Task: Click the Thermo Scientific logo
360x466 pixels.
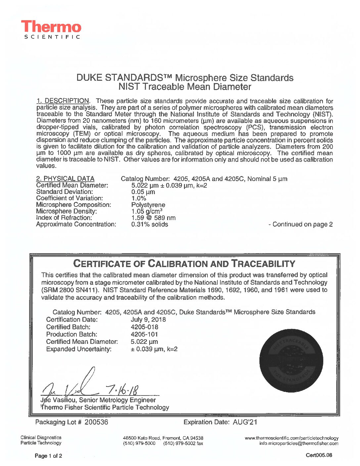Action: click(51, 29)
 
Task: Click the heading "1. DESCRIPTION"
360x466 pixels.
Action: click(63, 101)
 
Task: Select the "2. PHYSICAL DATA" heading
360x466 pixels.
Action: click(65, 179)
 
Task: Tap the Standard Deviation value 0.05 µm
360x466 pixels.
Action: click(143, 192)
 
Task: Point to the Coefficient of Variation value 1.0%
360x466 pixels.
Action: click(139, 198)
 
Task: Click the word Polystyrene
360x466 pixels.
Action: click(148, 205)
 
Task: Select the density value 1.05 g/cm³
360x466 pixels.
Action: click(147, 211)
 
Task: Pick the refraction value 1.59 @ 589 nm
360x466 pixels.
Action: click(154, 218)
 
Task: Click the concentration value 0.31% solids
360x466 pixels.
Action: click(150, 224)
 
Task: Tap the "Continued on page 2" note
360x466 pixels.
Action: click(300, 224)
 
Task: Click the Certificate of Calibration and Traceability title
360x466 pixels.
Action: click(184, 264)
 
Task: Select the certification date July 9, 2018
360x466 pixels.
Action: click(148, 320)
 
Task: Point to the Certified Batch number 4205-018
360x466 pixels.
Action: click(145, 327)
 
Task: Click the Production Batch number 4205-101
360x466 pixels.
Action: click(145, 334)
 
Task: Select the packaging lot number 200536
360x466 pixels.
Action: click(96, 422)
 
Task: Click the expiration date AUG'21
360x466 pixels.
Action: click(245, 422)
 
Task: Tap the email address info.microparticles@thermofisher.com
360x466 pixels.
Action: click(299, 443)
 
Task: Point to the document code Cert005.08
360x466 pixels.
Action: click(319, 455)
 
